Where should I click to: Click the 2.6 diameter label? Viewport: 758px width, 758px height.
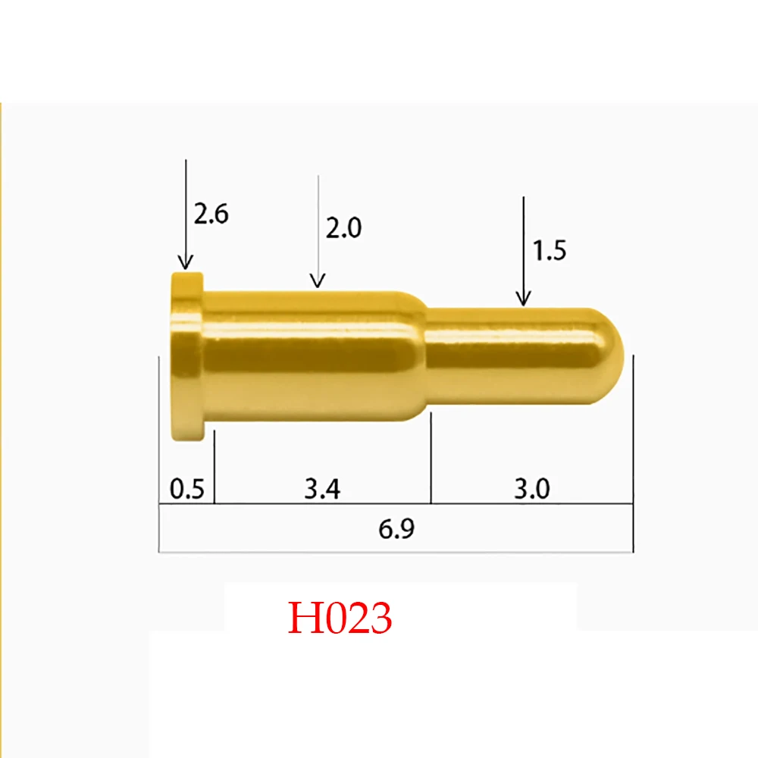[x=211, y=215]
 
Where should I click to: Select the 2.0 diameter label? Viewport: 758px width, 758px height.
[x=343, y=228]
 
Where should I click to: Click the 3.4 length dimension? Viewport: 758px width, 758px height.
[x=322, y=490]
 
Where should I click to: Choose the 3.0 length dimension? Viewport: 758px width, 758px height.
[x=531, y=490]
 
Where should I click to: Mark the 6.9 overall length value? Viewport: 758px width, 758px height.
[x=396, y=529]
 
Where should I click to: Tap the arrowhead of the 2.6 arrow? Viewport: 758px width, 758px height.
[x=185, y=265]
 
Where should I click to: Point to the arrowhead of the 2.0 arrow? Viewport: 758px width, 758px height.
[x=318, y=283]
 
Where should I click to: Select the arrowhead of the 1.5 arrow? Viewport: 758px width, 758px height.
[x=522, y=301]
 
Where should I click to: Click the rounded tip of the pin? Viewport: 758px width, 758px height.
[x=614, y=349]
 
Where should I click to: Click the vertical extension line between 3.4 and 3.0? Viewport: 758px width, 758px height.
[x=431, y=462]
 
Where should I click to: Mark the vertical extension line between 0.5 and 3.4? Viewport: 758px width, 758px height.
[x=215, y=466]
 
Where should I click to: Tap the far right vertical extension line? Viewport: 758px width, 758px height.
[x=633, y=455]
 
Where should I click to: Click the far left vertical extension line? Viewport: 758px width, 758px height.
[x=158, y=455]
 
